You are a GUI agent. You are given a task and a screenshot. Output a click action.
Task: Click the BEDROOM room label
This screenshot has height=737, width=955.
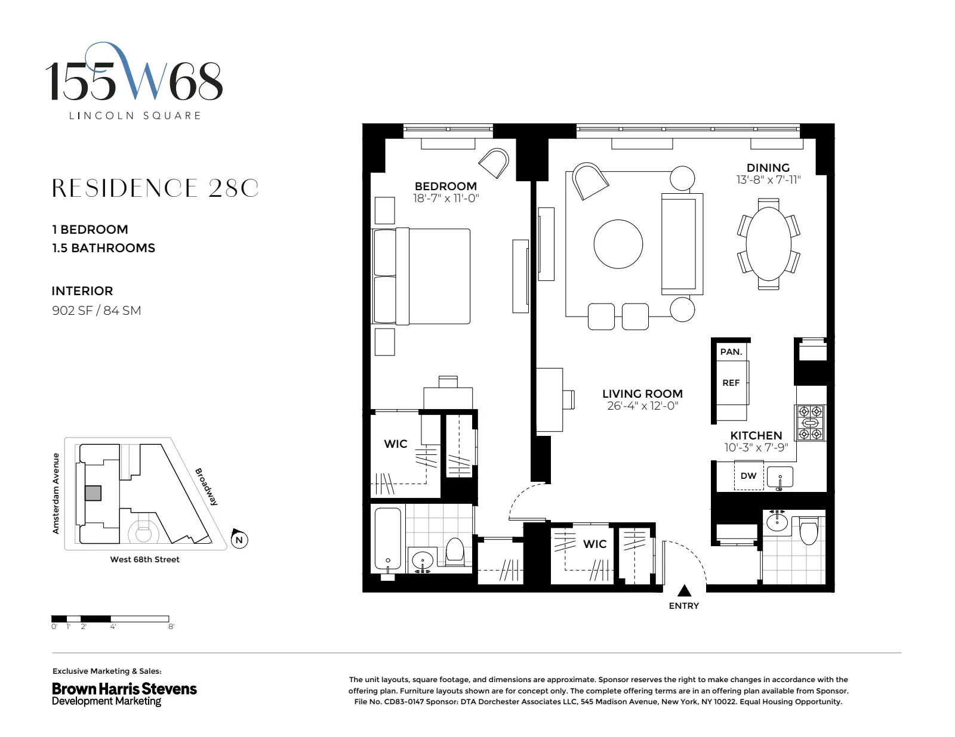[x=445, y=186]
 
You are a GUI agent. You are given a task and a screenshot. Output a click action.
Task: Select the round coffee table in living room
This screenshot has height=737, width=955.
[x=618, y=244]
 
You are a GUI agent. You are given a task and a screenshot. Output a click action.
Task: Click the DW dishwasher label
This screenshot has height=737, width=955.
[x=748, y=476]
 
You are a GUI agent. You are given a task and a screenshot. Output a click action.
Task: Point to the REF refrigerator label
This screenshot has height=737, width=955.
[x=731, y=383]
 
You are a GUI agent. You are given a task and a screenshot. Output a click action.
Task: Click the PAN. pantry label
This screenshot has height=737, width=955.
[x=731, y=352]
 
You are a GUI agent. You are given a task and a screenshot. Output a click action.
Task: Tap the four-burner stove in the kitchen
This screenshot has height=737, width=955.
[x=811, y=423]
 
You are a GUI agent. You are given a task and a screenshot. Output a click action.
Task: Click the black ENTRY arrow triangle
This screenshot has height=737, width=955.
[x=685, y=590]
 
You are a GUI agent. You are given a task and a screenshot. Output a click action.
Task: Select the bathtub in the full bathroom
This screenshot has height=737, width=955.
[x=387, y=539]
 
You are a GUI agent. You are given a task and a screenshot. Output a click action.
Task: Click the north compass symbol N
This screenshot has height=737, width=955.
[x=239, y=540]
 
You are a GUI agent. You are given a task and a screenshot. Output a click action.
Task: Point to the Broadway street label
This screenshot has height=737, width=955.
[x=207, y=487]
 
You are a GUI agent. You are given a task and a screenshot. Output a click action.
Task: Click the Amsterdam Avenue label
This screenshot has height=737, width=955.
[x=56, y=493]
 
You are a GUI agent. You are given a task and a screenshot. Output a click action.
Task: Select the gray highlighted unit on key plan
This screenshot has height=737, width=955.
[x=93, y=493]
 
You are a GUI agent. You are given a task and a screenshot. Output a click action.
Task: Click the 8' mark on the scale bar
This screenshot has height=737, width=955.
[x=171, y=627]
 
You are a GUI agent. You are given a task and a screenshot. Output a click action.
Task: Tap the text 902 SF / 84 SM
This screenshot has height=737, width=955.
[x=96, y=310]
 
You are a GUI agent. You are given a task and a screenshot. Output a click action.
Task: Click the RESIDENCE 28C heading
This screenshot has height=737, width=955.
[x=155, y=188]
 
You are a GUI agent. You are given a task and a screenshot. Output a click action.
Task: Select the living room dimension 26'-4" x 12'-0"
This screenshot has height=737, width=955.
[x=642, y=406]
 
